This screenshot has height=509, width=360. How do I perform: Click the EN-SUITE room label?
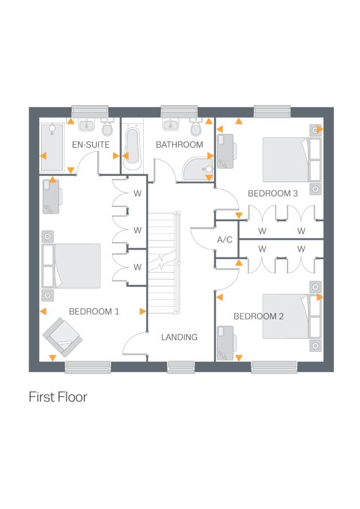point(91,145)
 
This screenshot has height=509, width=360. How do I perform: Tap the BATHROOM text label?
point(179,145)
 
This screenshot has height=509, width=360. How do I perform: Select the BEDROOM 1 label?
point(94,312)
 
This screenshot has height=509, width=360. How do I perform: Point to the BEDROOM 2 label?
point(259,316)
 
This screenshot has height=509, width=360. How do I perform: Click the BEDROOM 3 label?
point(273,193)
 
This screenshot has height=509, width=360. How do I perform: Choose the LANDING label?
point(179,337)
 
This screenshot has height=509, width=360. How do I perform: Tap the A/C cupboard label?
point(225,240)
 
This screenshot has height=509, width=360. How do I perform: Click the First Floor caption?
point(58,397)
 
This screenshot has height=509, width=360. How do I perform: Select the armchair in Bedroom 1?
point(62,338)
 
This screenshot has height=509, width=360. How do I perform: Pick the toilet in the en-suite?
point(107,128)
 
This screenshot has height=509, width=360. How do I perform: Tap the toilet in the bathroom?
point(196,128)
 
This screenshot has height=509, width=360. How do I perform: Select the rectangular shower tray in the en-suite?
point(52,148)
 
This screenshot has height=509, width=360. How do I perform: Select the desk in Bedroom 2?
point(226,342)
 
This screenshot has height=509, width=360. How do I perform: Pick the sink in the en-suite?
point(87,124)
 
